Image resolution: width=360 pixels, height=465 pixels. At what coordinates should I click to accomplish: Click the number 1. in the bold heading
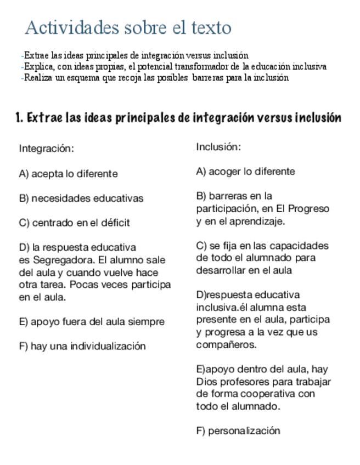19,118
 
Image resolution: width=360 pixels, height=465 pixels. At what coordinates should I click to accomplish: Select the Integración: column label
46,149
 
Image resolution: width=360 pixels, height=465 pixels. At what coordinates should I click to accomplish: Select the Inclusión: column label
218,147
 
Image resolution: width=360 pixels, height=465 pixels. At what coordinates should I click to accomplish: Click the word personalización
244,431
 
